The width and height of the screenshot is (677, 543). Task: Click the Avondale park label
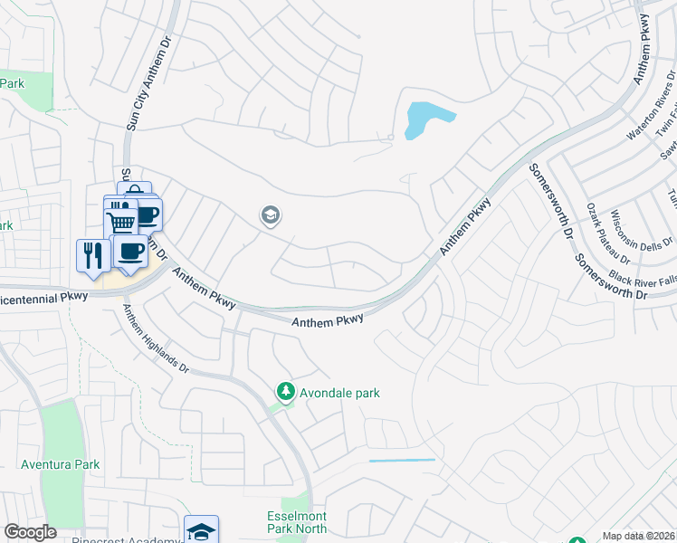click(339, 393)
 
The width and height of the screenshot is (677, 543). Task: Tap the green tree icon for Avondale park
click(286, 392)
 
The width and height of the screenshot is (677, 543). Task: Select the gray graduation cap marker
click(269, 215)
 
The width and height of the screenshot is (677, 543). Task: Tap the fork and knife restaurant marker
click(92, 254)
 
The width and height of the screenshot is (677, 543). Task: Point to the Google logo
click(31, 532)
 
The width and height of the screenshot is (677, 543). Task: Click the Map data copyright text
click(638, 536)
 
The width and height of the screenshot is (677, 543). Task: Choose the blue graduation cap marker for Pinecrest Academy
click(201, 530)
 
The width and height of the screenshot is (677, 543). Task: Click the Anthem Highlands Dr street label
click(156, 339)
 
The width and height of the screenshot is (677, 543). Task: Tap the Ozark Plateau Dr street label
click(605, 232)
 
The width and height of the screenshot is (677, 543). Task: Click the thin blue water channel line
click(402, 461)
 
